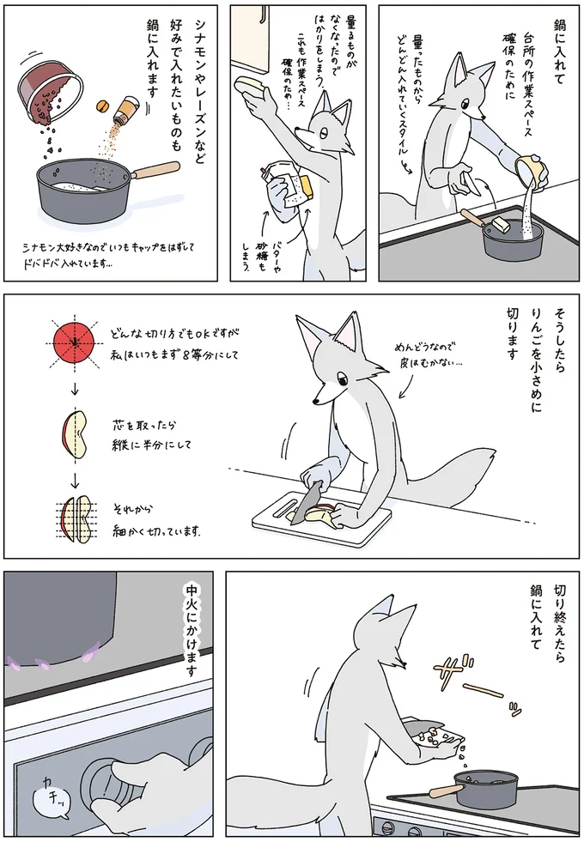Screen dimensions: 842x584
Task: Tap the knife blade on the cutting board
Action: point(308,506)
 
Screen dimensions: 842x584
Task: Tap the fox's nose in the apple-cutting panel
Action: point(315,401)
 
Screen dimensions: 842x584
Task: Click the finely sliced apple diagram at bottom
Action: point(78,520)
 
